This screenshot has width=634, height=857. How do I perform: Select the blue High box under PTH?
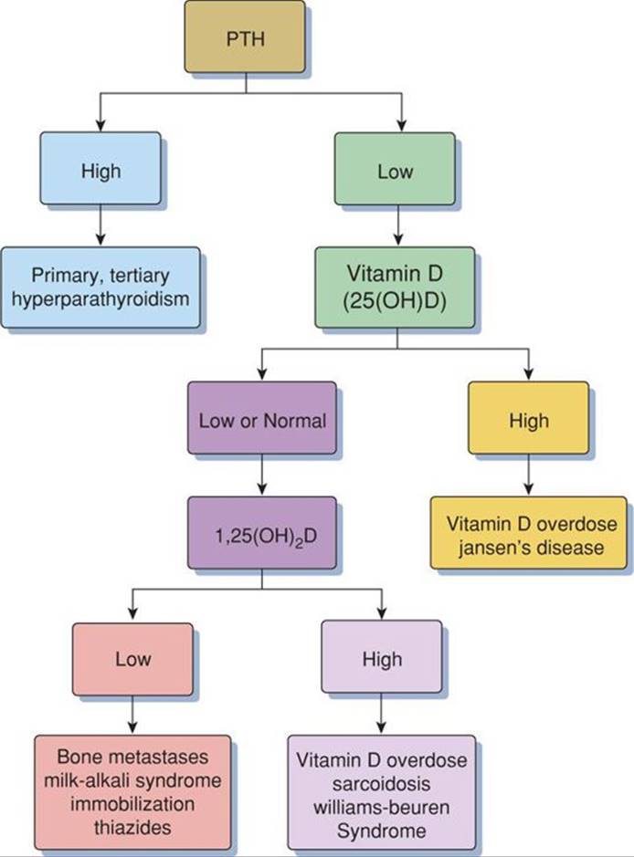[x=100, y=172]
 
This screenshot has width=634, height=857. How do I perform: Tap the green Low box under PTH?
[x=394, y=172]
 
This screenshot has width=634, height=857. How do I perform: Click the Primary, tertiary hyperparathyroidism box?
[x=100, y=287]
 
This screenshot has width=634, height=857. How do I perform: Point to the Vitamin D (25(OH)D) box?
[x=394, y=287]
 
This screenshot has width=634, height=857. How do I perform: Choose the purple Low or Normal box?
[x=262, y=421]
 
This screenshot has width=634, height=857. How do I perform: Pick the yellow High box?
[x=528, y=421]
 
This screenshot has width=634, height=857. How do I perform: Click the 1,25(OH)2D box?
[x=262, y=534]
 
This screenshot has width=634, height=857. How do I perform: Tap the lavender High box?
[x=381, y=658]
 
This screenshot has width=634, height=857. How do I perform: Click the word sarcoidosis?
[x=380, y=782]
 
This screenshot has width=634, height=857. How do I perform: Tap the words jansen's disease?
[x=528, y=548]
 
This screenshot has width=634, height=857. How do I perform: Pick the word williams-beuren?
[x=380, y=805]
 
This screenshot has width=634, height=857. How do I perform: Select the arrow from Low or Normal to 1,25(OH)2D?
[x=262, y=476]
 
